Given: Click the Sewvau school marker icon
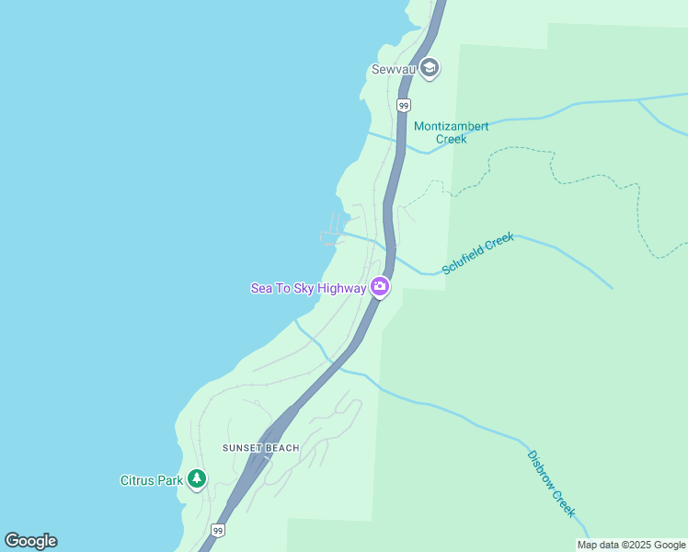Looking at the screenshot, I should [429, 69].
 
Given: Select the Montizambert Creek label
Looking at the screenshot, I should [451, 132].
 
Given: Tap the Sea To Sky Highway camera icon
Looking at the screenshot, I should [379, 288].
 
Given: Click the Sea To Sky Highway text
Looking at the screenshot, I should [308, 288].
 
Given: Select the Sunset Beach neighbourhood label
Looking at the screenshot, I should [261, 448].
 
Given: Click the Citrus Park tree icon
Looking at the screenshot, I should [196, 479].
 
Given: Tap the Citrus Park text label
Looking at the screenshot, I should [152, 479].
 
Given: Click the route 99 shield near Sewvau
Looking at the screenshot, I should [403, 106].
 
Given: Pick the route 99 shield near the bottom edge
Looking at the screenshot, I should [217, 531].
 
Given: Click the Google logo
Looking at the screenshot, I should [30, 541].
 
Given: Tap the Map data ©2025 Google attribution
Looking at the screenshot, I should [631, 545].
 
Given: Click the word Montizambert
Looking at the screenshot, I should [451, 126].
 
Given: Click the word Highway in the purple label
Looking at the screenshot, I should [341, 288].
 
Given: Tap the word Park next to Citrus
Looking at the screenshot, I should [168, 479].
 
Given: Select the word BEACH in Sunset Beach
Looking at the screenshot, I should [282, 448].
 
